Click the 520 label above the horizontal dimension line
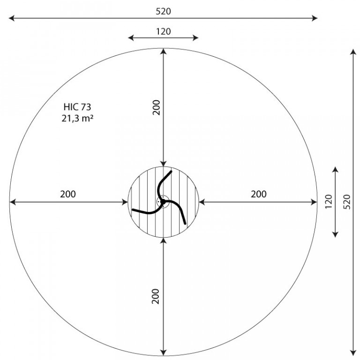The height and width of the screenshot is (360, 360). [x=163, y=11]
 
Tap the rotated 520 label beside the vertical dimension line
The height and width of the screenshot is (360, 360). [x=348, y=202]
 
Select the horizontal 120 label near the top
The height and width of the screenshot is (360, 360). [x=163, y=31]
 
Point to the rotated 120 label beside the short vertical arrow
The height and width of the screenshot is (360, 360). [x=329, y=202]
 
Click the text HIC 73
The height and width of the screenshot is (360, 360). [x=77, y=107]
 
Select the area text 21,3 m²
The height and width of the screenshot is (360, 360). [x=77, y=118]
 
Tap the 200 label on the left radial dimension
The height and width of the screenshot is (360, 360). [x=68, y=194]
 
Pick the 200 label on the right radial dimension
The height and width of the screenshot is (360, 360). [x=259, y=194]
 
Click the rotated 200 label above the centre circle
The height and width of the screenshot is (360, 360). [x=156, y=107]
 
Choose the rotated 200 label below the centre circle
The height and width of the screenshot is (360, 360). [x=156, y=296]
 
